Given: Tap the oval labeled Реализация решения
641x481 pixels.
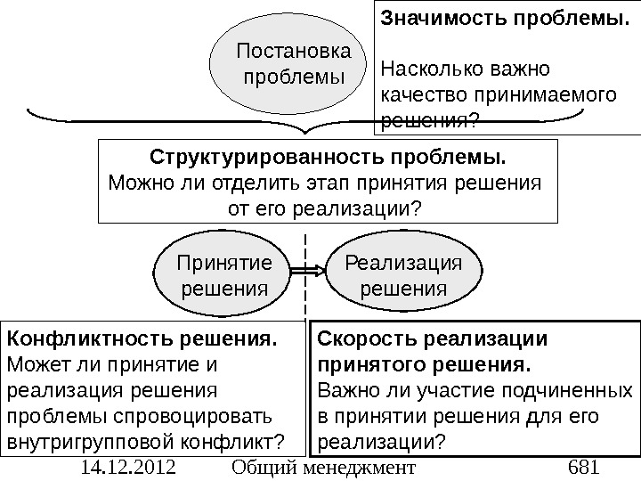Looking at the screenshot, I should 403,275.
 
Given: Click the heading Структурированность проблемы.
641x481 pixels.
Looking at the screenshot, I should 327,159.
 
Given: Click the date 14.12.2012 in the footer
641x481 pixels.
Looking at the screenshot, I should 126,468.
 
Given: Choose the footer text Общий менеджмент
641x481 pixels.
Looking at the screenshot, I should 322,468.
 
